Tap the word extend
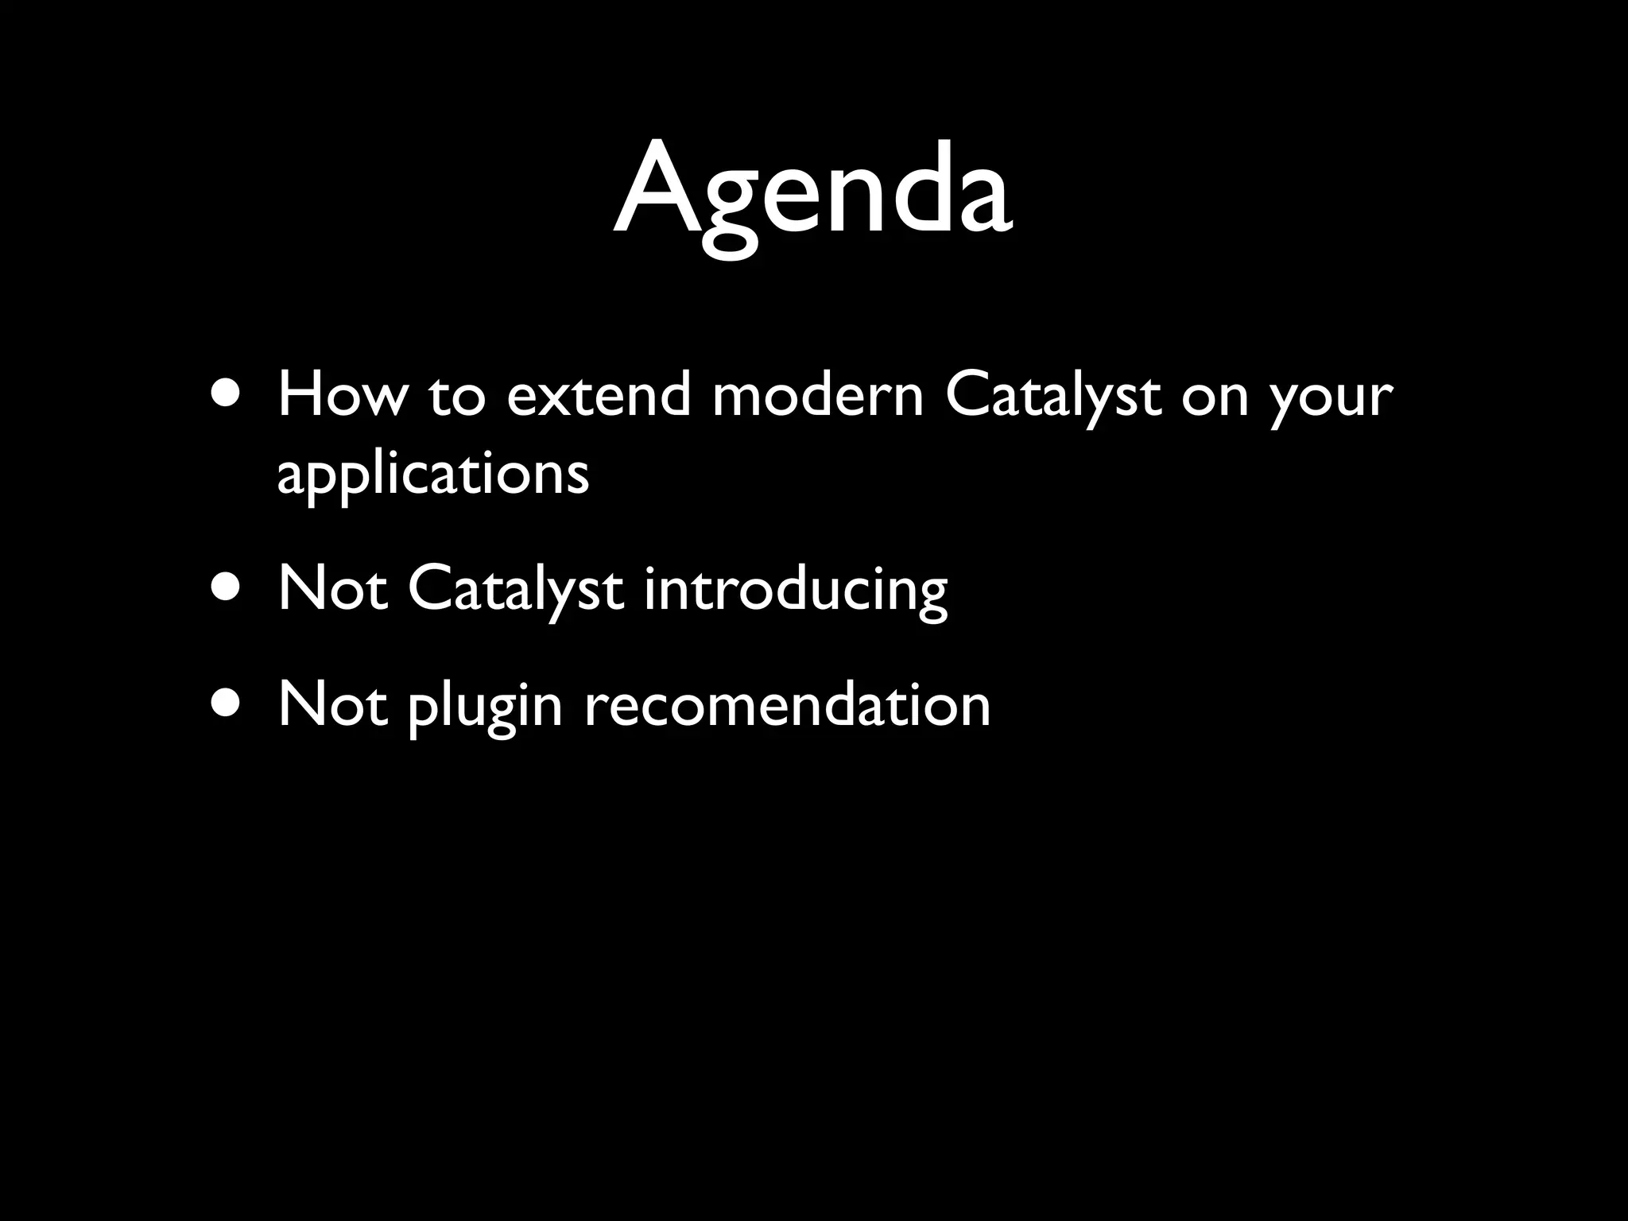click(599, 395)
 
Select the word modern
click(817, 395)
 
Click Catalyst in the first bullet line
click(1053, 395)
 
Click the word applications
click(433, 475)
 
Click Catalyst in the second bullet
click(515, 589)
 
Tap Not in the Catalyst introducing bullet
click(333, 589)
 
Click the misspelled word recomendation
click(787, 704)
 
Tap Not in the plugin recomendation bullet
click(333, 704)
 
